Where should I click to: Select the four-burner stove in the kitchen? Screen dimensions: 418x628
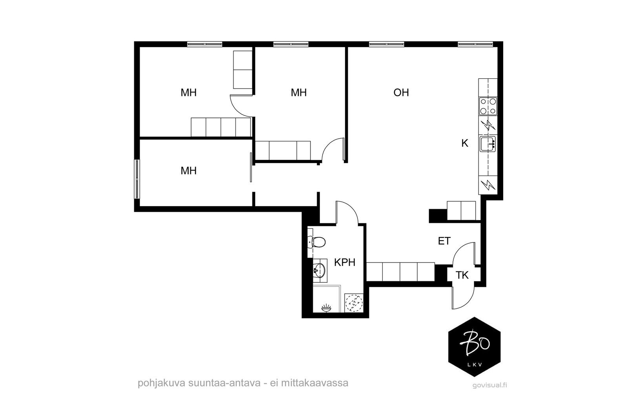click(x=488, y=106)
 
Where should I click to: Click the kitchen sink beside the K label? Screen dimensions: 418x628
click(x=488, y=144)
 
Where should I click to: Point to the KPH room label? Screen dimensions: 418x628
click(x=345, y=262)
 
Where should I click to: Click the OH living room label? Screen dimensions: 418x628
click(x=401, y=92)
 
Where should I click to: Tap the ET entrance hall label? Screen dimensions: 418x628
click(x=444, y=241)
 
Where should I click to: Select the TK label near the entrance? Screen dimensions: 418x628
click(x=462, y=275)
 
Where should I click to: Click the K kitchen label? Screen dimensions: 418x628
click(x=465, y=143)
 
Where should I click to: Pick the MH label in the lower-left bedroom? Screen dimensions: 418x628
click(x=188, y=171)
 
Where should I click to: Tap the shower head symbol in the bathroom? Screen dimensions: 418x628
click(x=326, y=308)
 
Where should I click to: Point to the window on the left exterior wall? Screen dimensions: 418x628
click(x=137, y=179)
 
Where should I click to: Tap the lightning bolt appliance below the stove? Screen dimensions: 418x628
click(x=488, y=125)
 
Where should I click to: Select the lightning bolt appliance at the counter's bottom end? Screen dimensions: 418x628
click(x=488, y=185)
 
